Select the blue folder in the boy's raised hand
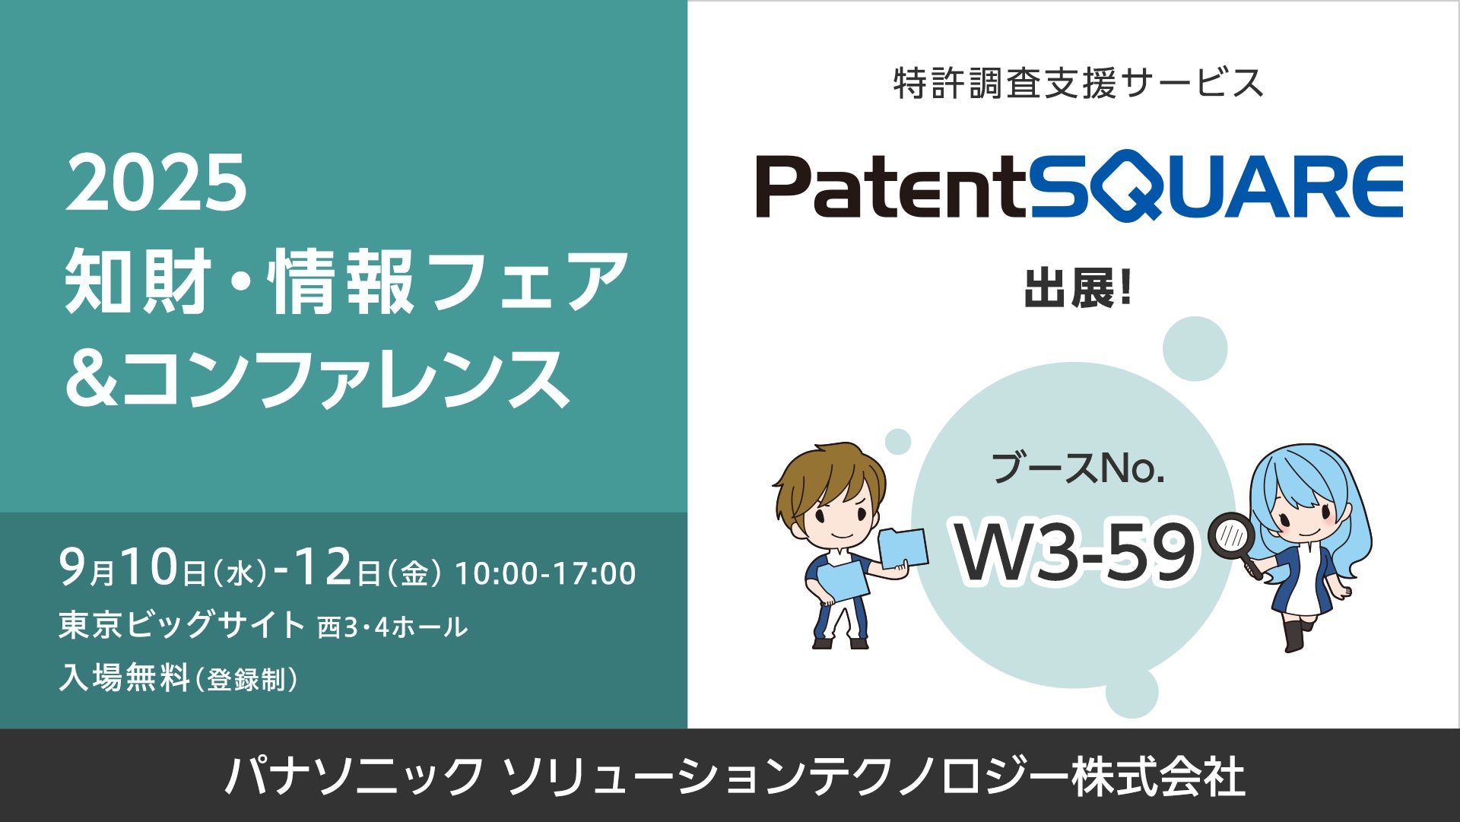click(903, 547)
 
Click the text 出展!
click(1078, 290)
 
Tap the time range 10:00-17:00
click(545, 574)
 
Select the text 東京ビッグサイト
click(182, 626)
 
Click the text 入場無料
click(125, 678)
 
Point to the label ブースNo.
click(1078, 468)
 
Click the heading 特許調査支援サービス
click(1078, 83)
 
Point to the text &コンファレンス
click(318, 379)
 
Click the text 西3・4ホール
click(392, 627)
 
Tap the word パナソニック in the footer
click(354, 776)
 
